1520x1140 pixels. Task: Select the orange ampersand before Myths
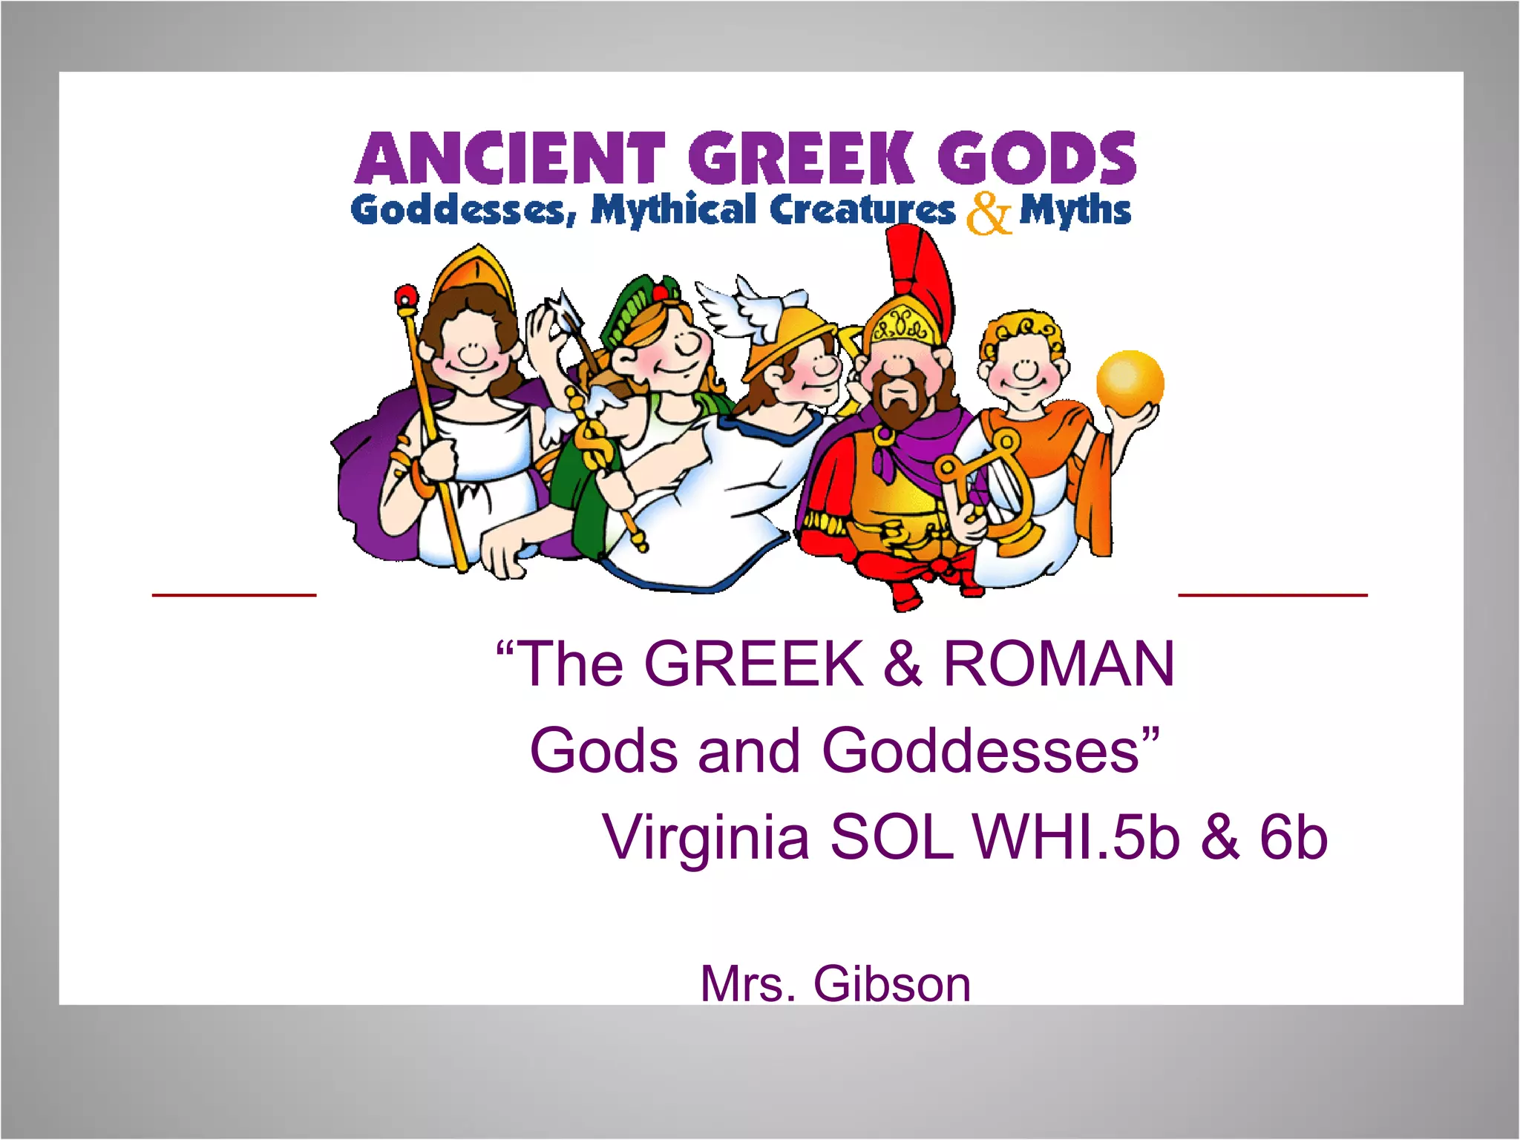tap(988, 214)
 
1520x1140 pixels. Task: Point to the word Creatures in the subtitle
tap(862, 210)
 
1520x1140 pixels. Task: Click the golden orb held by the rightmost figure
tap(1130, 383)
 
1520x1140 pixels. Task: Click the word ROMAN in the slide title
tap(1059, 663)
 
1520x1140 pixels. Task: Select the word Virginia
tap(706, 837)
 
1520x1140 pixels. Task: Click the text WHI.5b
tap(1076, 837)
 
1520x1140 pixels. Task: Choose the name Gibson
tap(891, 984)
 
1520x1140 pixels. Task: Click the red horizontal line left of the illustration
tap(234, 594)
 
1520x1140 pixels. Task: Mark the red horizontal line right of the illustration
tap(1272, 594)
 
